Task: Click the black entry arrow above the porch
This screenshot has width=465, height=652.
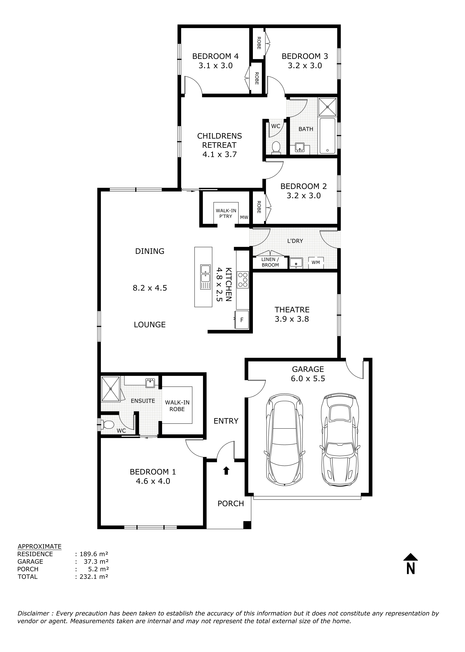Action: pos(226,471)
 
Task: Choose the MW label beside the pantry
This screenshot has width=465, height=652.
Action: pos(244,217)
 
